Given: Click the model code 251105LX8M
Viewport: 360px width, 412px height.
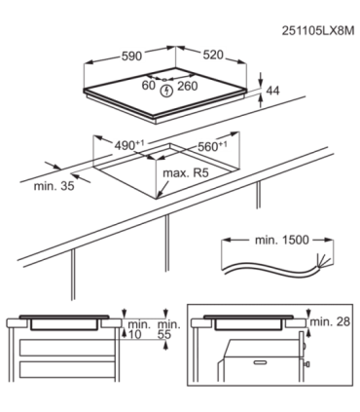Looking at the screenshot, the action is click(317, 31).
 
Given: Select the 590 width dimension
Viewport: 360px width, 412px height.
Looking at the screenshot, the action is click(131, 56).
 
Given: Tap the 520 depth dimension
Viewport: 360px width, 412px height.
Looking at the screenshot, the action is click(213, 55).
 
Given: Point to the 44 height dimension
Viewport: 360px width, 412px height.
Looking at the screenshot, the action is click(272, 92).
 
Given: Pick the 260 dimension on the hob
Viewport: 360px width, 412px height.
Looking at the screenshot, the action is click(187, 86).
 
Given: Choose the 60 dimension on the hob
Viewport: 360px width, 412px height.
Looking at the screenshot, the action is click(149, 86).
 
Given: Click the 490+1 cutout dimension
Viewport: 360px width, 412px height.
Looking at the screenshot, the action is click(129, 144).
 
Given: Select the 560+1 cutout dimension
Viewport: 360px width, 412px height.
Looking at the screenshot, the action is click(212, 146).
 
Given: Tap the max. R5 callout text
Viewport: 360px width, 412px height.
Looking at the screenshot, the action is click(186, 172).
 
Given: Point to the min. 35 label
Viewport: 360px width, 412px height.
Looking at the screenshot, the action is click(54, 186).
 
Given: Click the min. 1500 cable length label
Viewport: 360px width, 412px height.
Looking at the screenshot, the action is click(282, 240).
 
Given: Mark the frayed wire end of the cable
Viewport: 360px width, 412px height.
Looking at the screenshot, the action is click(321, 262).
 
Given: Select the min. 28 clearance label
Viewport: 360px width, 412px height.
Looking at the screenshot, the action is click(330, 321).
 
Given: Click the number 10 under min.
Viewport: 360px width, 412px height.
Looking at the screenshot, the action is click(135, 335).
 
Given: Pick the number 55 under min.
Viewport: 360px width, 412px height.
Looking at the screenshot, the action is click(164, 335).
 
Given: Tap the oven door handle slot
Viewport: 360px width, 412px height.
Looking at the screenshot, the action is click(264, 361).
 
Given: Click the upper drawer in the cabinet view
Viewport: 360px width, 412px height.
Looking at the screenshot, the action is click(68, 348).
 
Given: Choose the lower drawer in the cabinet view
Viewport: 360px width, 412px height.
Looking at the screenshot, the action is click(68, 371).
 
